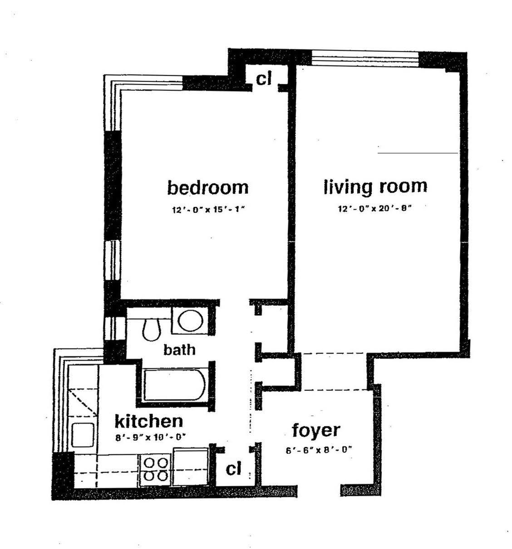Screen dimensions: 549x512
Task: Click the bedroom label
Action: click(x=208, y=187)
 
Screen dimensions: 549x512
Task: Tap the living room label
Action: click(x=375, y=186)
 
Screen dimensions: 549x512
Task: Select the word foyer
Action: click(x=316, y=430)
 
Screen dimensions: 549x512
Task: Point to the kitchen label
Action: click(x=148, y=421)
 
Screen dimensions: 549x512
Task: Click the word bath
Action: click(x=179, y=349)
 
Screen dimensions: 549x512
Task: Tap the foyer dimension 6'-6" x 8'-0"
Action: click(x=319, y=450)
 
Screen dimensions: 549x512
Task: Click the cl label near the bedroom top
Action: click(x=264, y=79)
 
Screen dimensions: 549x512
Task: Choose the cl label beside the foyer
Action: click(x=233, y=469)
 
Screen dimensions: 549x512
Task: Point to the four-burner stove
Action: click(x=156, y=469)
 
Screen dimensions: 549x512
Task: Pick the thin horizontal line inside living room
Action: click(x=418, y=153)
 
